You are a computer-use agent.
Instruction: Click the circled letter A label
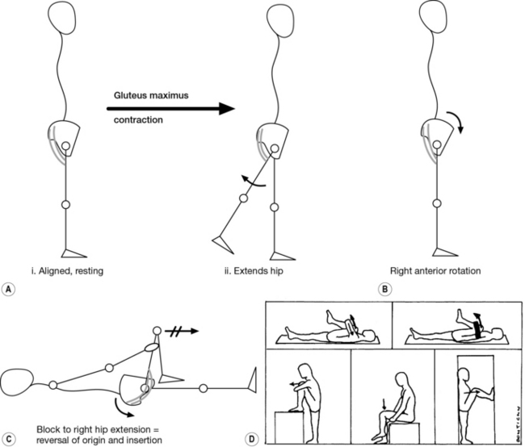[x=10, y=273]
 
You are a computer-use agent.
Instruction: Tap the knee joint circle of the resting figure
[x=66, y=205]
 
